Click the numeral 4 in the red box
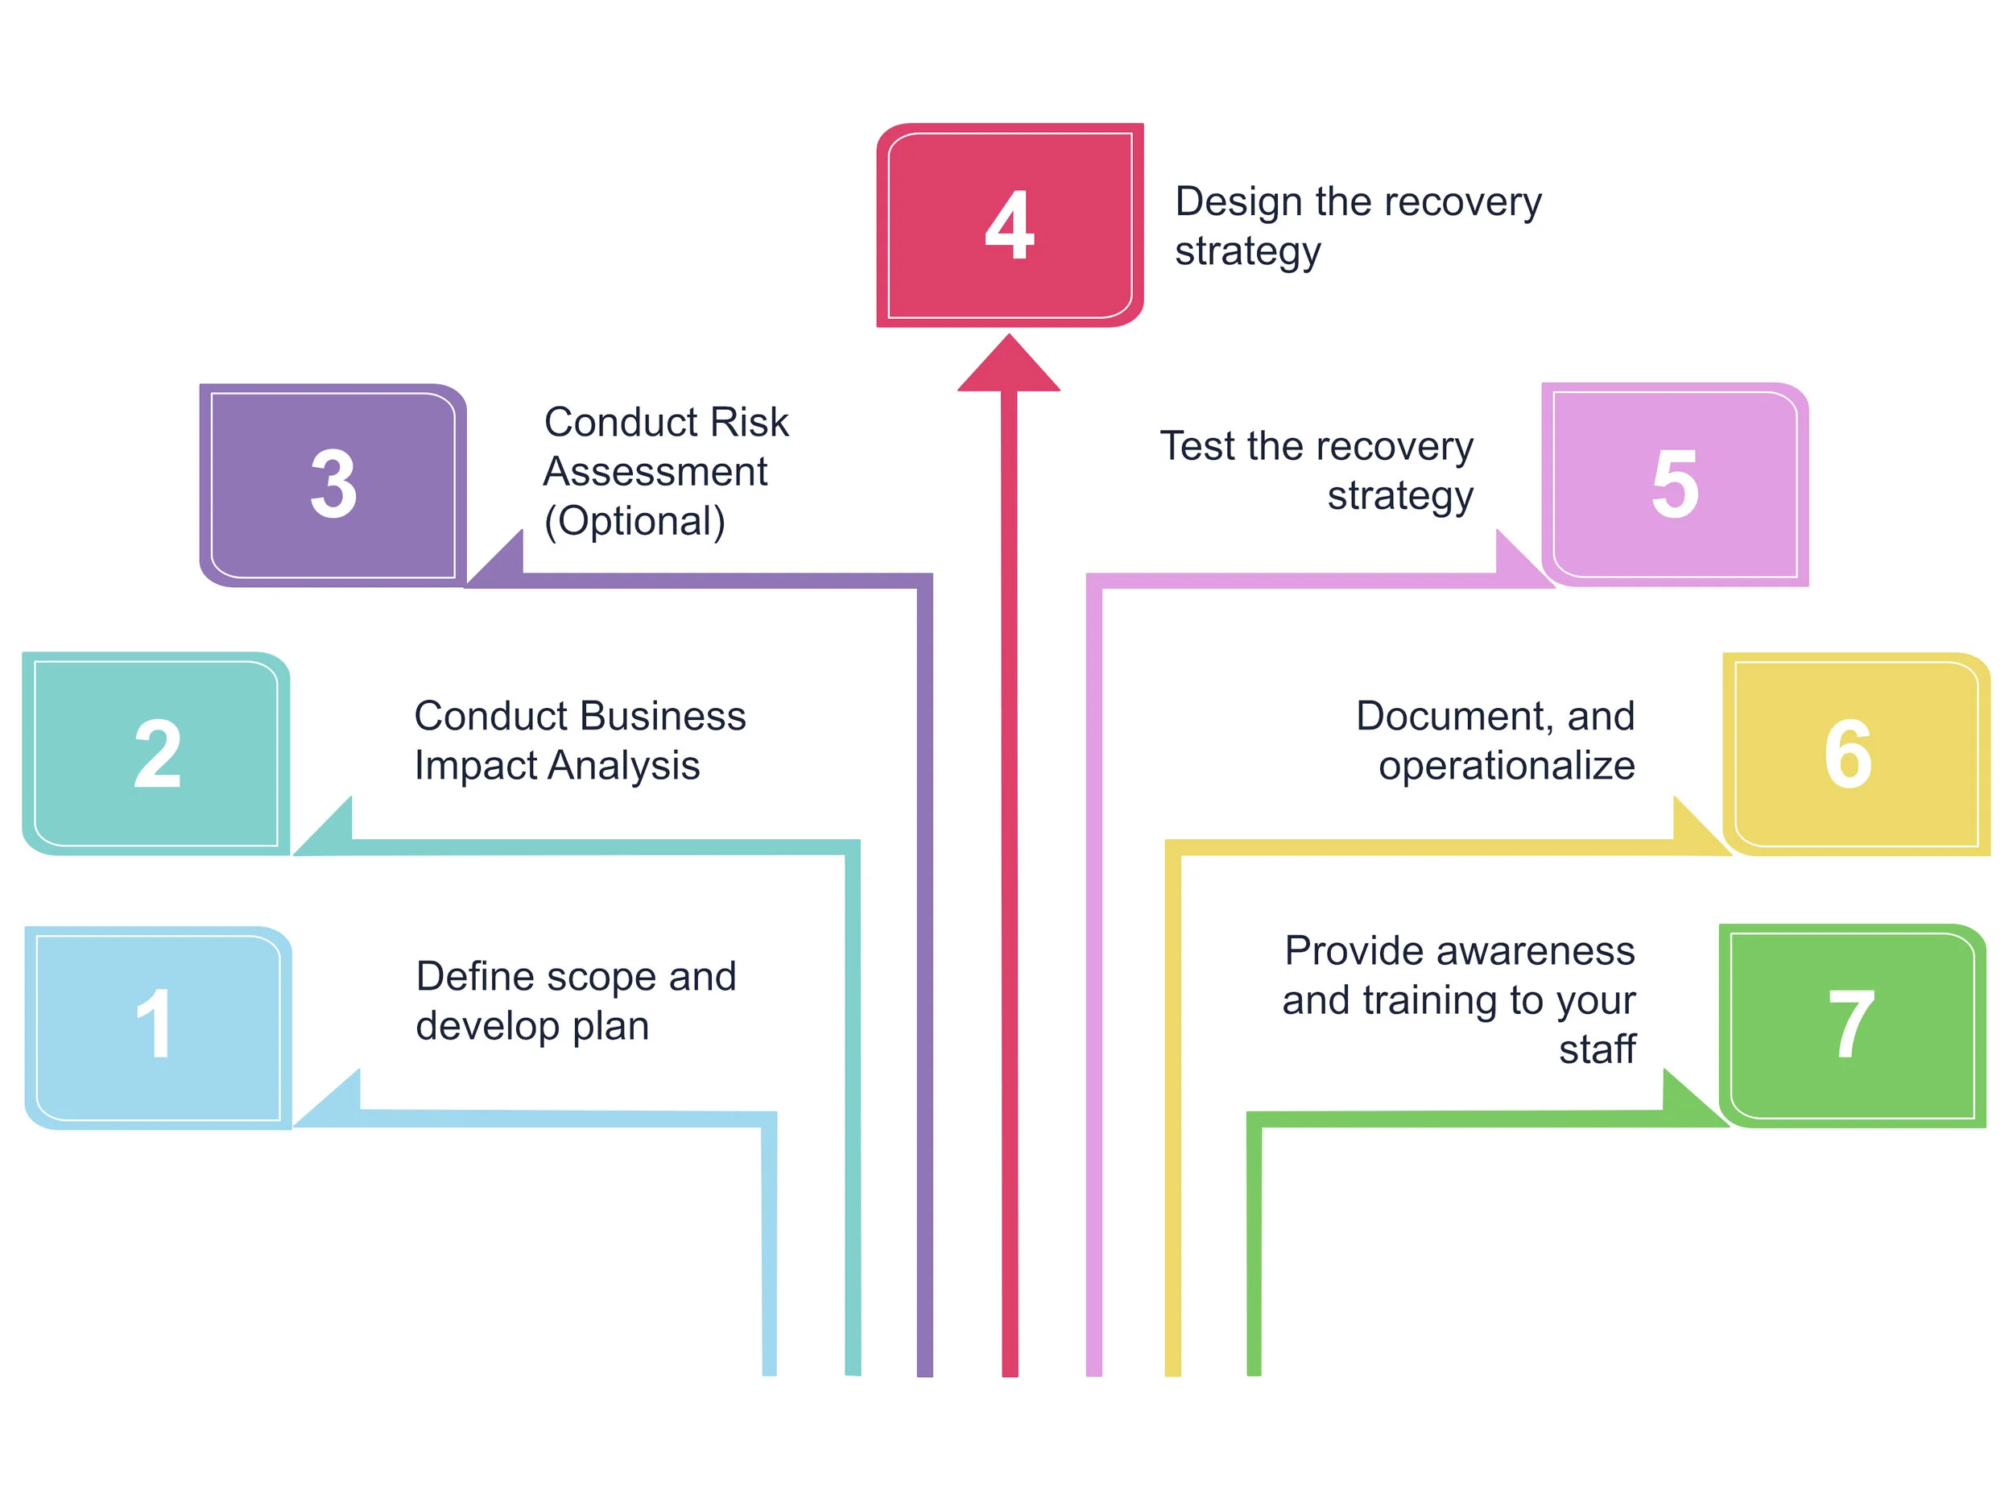pos(1009,225)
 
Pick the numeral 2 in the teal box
pos(158,754)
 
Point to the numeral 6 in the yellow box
pos(1848,754)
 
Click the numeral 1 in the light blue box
pos(155,1024)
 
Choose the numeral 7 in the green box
pos(1850,1024)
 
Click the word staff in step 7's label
pos(1596,1049)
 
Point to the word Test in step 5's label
pos(1197,447)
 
